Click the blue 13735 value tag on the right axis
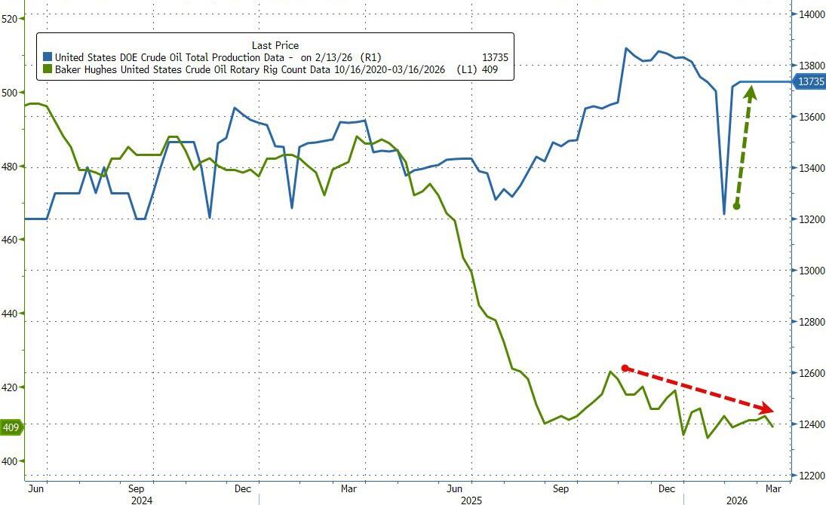pos(808,81)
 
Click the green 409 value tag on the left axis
pos(11,428)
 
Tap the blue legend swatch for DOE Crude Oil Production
pos(48,57)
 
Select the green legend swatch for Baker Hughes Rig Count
pos(48,70)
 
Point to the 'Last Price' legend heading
pos(275,45)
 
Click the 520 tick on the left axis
pos(10,19)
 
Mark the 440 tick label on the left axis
pos(10,314)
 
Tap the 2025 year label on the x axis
pos(470,499)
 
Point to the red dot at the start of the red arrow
pos(625,368)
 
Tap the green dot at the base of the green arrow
pos(736,206)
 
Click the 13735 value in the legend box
pos(495,57)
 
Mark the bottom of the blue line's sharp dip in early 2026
pos(724,214)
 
